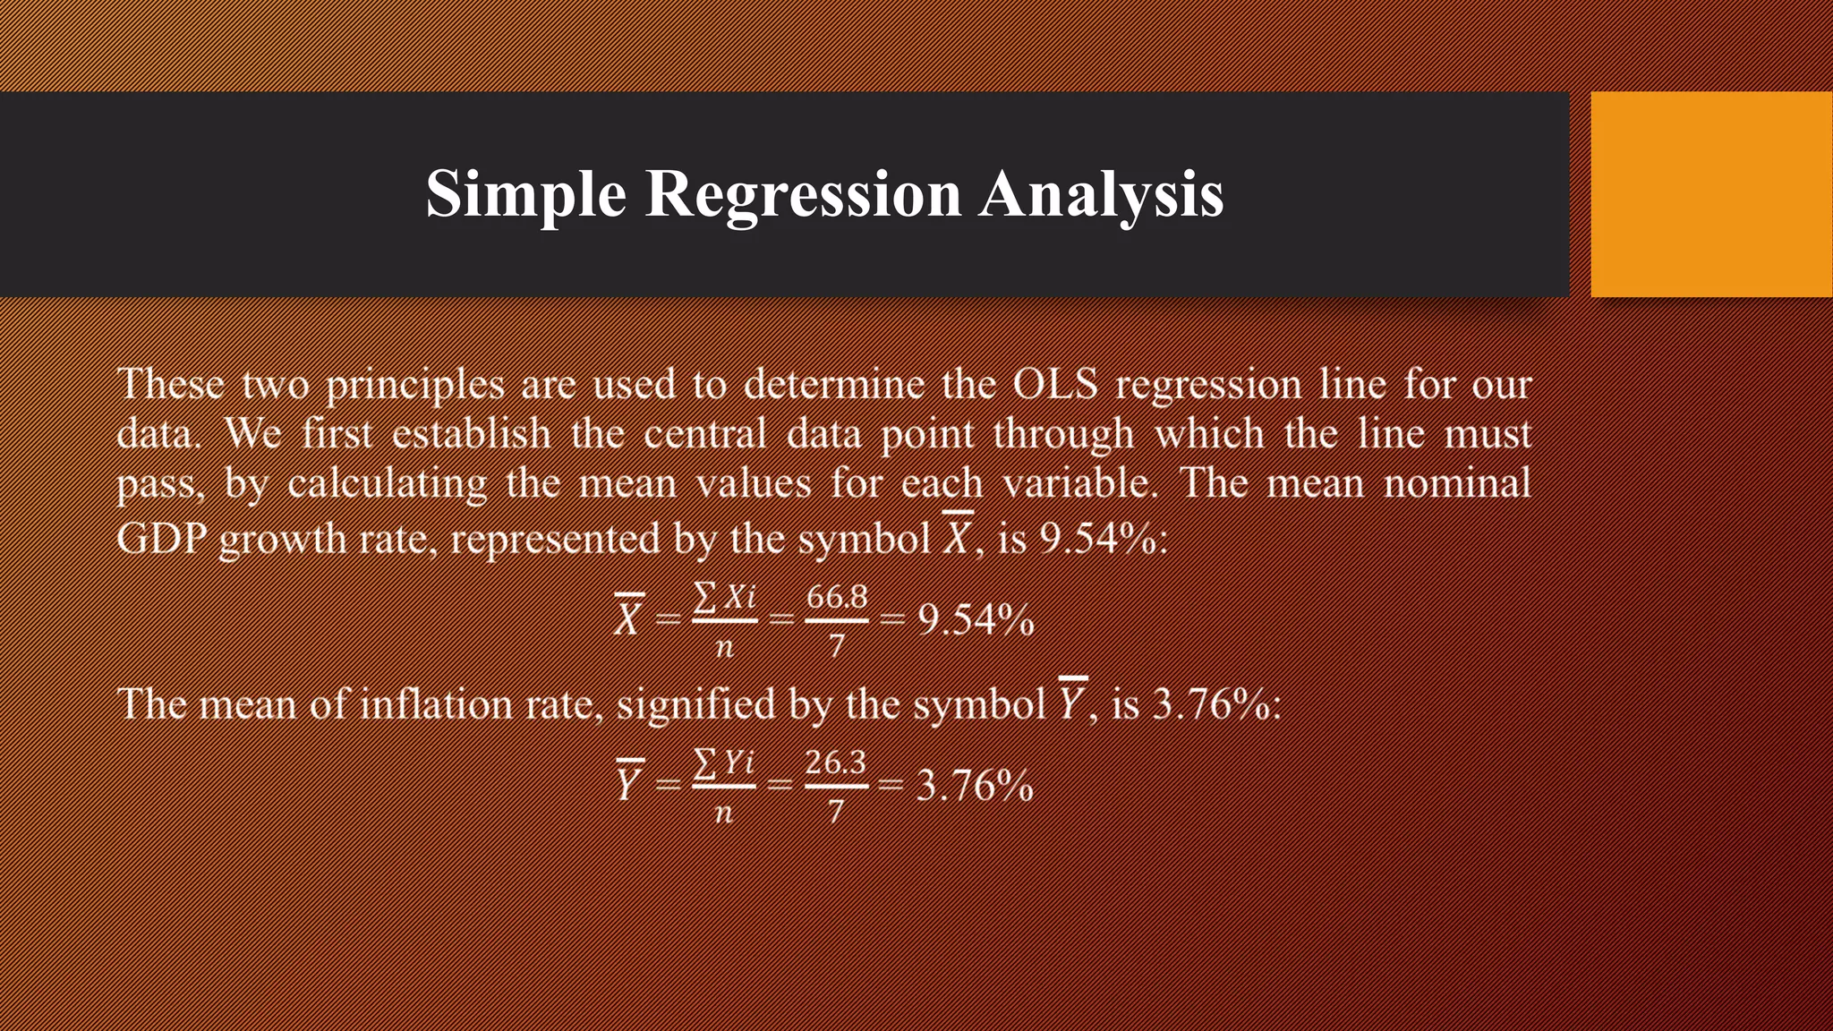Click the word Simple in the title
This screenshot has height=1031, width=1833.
pyautogui.click(x=525, y=194)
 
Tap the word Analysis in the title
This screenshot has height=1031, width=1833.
pyautogui.click(x=1100, y=194)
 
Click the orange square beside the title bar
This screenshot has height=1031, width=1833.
pyautogui.click(x=1710, y=194)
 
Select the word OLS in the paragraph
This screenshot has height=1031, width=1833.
pyautogui.click(x=1054, y=385)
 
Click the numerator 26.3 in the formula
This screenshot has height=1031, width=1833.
pyautogui.click(x=835, y=763)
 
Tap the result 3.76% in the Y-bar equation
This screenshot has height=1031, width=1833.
pyautogui.click(x=975, y=786)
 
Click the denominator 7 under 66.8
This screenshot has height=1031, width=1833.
pyautogui.click(x=836, y=645)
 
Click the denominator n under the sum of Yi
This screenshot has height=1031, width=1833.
pyautogui.click(x=724, y=813)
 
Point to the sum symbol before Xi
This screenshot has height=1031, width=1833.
pyautogui.click(x=705, y=596)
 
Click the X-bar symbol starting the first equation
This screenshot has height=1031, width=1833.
pyautogui.click(x=628, y=618)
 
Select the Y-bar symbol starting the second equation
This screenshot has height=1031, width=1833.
pyautogui.click(x=628, y=784)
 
